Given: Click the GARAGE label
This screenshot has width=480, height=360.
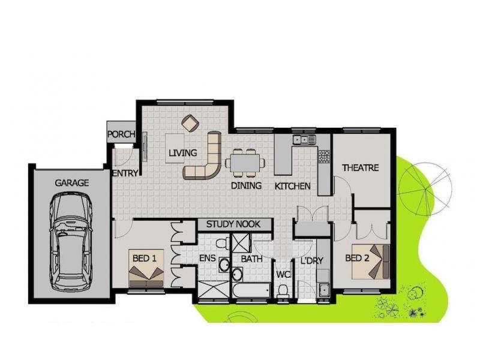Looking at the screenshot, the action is tap(71, 183).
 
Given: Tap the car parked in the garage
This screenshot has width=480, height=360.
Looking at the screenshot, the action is tap(71, 242).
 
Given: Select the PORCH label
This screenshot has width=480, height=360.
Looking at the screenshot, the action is tap(121, 134).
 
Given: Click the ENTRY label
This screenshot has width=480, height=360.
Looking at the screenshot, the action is tap(125, 173).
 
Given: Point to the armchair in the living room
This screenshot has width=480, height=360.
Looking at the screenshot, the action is tap(190, 124).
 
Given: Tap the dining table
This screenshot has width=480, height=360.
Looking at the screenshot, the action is tap(245, 163).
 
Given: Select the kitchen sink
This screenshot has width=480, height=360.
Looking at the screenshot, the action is tap(304, 140).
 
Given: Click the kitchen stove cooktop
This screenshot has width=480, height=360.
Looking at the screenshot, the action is tap(325, 156).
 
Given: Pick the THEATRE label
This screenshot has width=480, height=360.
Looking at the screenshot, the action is tap(361, 168).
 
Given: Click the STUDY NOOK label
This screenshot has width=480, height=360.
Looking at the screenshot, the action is tap(233, 224).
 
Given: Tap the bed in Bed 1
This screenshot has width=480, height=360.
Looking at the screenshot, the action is tap(146, 268).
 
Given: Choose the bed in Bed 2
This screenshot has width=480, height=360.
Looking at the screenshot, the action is tap(371, 262).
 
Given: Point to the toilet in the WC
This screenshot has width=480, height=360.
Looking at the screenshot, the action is tap(282, 291).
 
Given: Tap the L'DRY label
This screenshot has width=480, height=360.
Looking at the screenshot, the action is tap(312, 261).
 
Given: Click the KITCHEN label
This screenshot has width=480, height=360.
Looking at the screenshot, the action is tap(292, 186).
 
